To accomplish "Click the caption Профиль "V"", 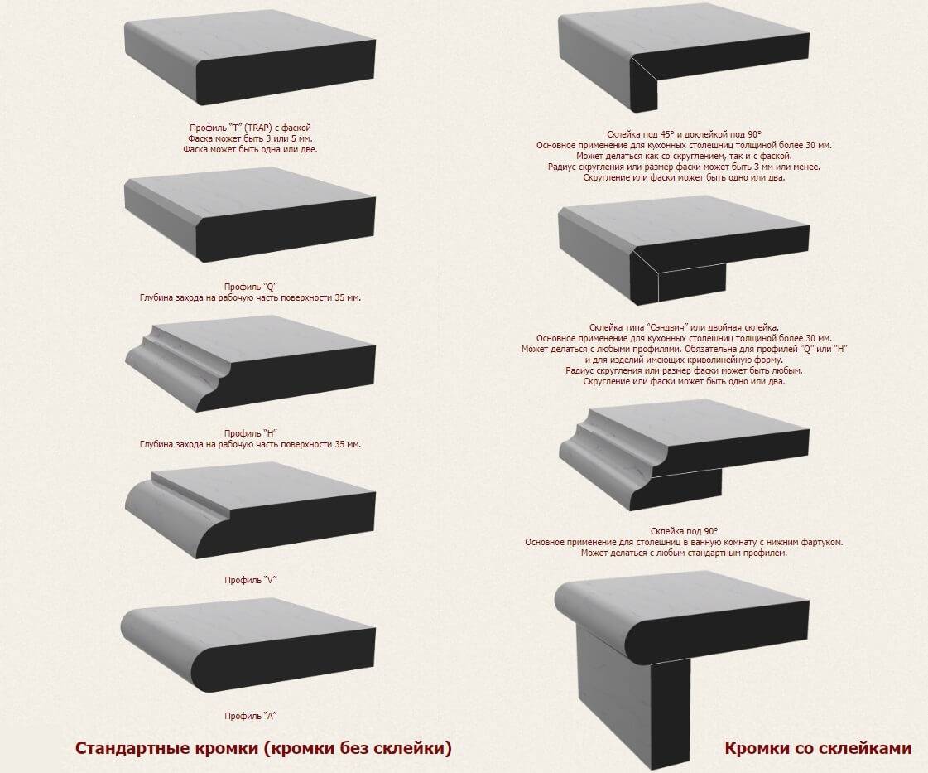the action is coord(250,580).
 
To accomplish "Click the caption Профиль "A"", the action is coord(250,716).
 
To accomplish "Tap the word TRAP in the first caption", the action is coord(258,128).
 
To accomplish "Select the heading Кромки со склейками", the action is coord(818,748).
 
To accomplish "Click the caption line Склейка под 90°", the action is coord(684,531).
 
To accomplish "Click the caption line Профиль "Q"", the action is coord(250,287).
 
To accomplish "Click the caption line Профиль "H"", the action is coord(250,433).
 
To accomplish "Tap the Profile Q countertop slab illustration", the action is coord(250,220).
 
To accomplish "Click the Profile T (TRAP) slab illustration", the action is coord(250,62).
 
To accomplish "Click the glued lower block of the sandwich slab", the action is coord(691,283).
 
